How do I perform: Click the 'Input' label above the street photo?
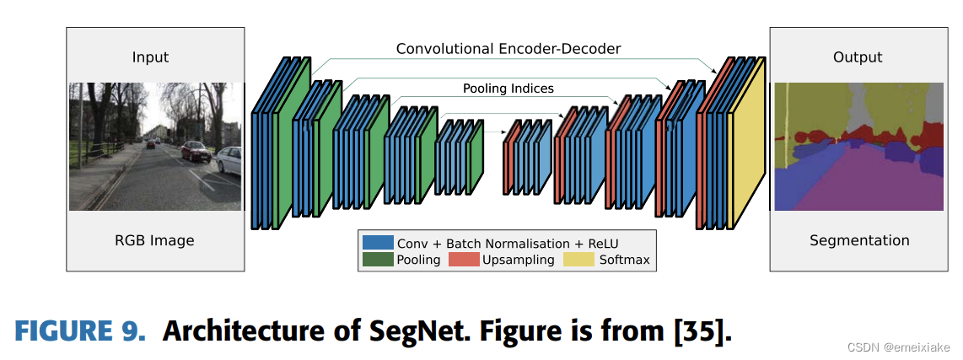[x=150, y=57]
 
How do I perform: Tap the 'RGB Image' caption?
[x=154, y=240]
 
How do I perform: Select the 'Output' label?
[x=857, y=57]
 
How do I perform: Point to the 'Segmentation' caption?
[x=859, y=240]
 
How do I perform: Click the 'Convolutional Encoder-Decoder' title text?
[x=508, y=49]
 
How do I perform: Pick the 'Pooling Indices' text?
[x=508, y=88]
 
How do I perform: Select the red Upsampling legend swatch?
[x=463, y=259]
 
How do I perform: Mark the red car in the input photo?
[x=195, y=151]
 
